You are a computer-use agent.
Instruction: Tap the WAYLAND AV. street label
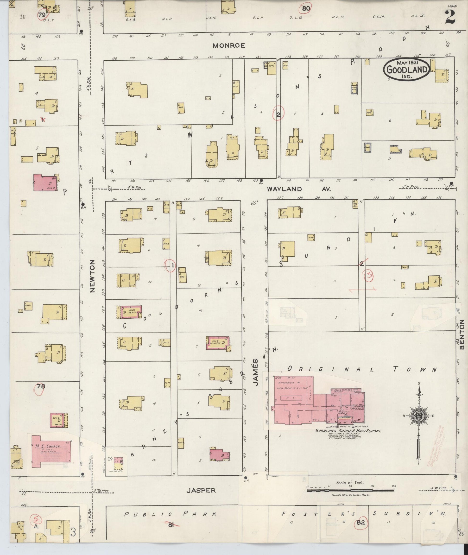298,189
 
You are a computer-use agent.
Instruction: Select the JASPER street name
201,491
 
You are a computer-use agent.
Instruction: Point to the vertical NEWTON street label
92,276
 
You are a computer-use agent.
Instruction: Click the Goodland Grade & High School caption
348,431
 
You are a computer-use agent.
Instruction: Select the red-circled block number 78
40,386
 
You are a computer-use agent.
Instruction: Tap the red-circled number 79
42,15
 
